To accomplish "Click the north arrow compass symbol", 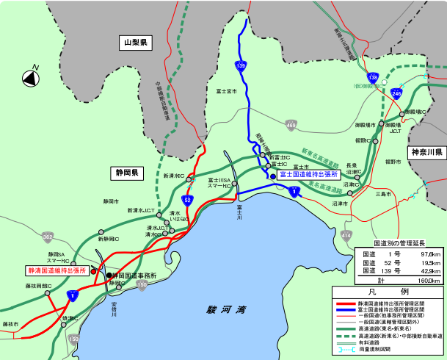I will tap(32, 76).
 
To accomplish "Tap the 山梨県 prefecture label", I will tap(136, 44).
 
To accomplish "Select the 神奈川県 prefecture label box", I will tap(426, 153).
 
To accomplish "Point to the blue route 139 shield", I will tap(240, 66).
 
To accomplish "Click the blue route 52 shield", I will tap(189, 199).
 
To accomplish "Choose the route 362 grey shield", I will tap(48, 237).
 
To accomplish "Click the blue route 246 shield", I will tap(396, 93).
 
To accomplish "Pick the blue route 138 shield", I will tap(374, 76).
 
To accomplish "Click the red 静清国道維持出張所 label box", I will tap(57, 270).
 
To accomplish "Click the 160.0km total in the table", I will tap(429, 280).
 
